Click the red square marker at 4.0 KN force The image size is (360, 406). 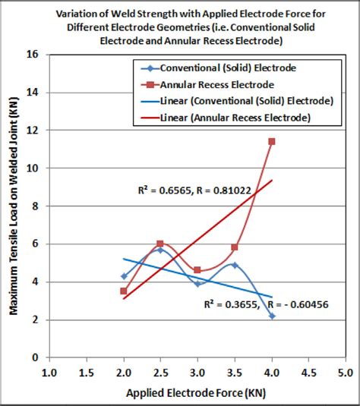click(272, 141)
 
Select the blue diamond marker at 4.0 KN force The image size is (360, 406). click(272, 316)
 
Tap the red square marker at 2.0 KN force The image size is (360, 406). click(124, 291)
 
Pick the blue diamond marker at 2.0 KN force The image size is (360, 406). click(124, 276)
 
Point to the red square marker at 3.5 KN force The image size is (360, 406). click(235, 247)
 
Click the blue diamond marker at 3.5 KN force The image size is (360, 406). click(235, 265)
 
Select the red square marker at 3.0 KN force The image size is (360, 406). click(197, 270)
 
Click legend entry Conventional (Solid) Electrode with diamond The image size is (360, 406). click(228, 68)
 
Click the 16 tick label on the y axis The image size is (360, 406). click(33, 55)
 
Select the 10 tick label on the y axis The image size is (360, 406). click(33, 168)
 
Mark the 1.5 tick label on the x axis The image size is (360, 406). click(87, 373)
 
